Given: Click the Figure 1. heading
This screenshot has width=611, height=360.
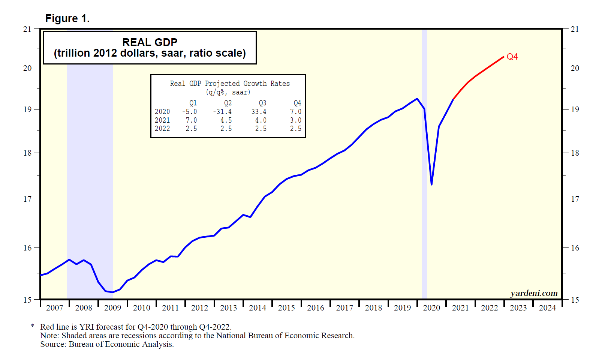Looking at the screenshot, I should coord(67,18).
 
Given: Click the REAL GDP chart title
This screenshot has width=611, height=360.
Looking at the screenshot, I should coord(150,42).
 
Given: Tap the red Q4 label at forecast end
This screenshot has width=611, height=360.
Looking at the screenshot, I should coord(512,57).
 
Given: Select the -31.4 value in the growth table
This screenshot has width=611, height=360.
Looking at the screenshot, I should coord(222,112).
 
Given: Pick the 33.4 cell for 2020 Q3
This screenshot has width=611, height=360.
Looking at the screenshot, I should coord(259,112).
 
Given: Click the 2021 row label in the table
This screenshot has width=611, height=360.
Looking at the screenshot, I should coord(162,120).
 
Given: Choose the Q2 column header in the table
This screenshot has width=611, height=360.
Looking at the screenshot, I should coord(228,103).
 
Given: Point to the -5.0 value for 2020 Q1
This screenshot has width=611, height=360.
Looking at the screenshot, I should coord(189,112).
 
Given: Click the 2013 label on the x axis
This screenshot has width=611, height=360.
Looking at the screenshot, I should coord(228,308).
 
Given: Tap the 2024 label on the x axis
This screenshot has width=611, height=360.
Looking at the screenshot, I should coord(547,308).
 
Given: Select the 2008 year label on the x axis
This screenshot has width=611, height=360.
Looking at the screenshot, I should coord(84,308).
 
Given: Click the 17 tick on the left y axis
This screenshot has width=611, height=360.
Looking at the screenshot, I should coord(27,199).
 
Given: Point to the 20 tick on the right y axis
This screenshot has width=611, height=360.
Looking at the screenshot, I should coord(575,68).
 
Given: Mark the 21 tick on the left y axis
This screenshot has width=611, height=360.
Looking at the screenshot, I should coord(27,29).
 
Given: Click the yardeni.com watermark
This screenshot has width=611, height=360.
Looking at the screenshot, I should coord(534,293).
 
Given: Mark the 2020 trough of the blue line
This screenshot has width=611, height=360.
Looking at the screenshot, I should coord(432,184).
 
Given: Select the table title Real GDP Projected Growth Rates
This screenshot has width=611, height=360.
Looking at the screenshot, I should coord(230,84).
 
